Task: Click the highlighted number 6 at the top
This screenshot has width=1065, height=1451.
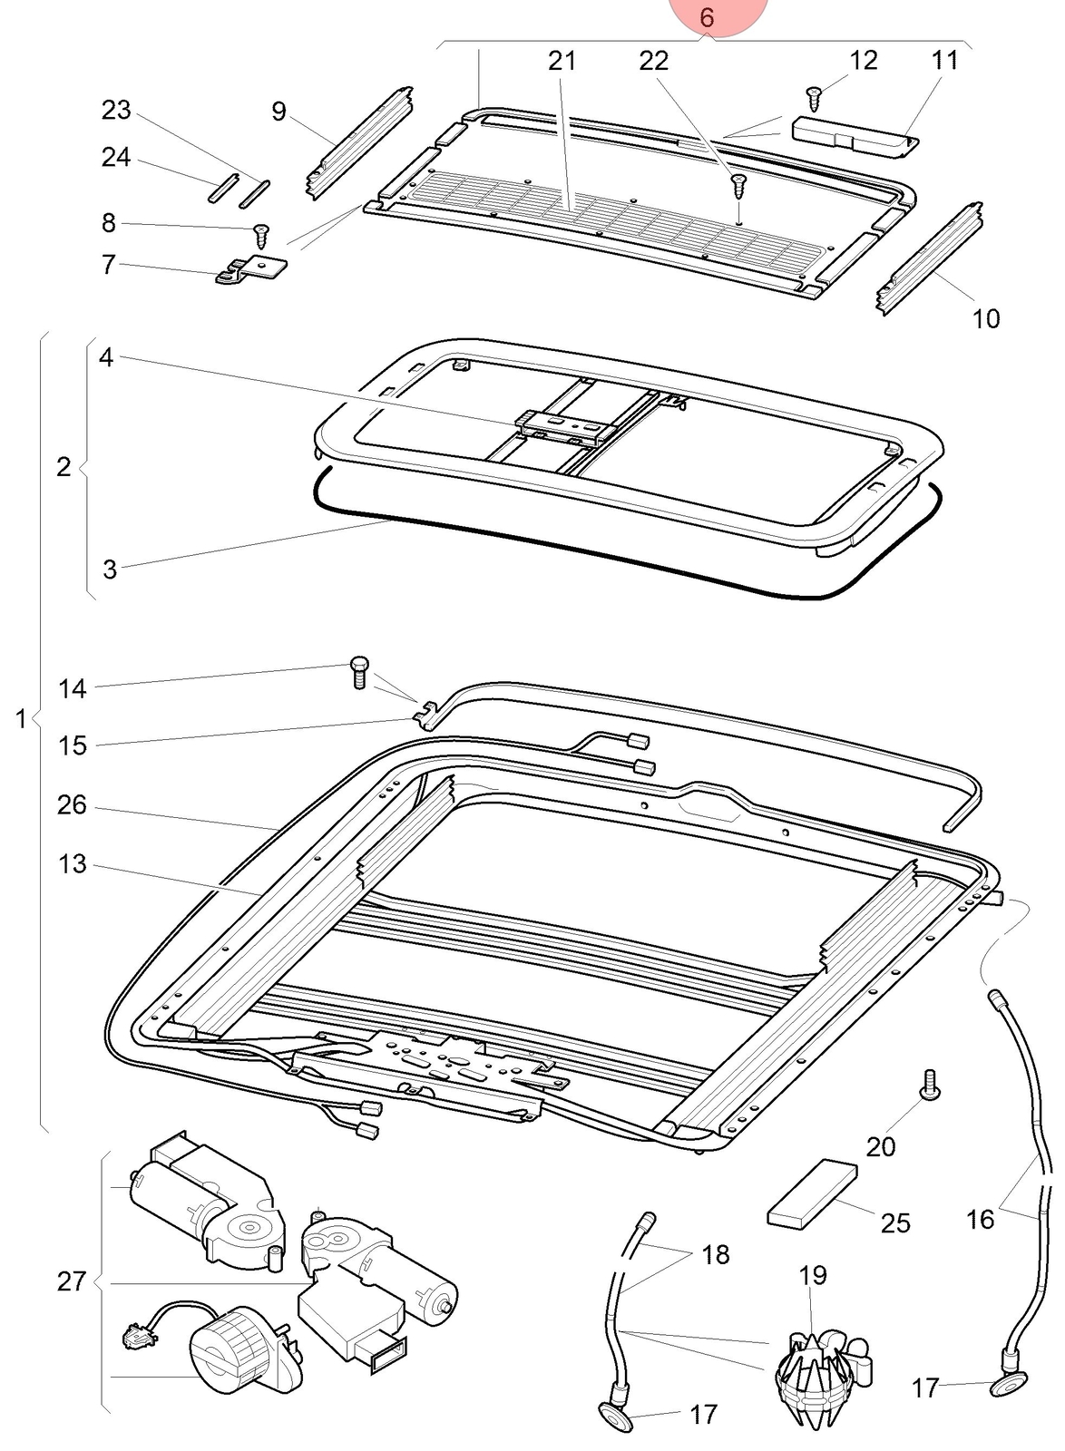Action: coord(707,17)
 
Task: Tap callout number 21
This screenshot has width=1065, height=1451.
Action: coord(562,61)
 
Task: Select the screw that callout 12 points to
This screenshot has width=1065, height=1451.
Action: coord(814,99)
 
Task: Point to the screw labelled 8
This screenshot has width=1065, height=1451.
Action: coord(262,237)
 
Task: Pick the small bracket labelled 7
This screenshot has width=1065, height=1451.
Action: coord(251,268)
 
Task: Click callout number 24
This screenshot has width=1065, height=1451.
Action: coord(116,158)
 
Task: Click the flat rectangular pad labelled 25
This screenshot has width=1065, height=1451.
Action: coord(812,1194)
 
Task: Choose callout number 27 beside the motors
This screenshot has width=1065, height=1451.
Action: coord(72,1281)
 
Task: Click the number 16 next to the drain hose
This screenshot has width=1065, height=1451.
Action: coord(980,1219)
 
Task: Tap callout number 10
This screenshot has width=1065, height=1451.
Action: coord(986,318)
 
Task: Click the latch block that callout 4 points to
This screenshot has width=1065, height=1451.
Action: coord(565,429)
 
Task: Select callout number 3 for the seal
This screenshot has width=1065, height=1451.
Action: coord(110,570)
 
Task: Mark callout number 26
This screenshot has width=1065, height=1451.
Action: coord(72,805)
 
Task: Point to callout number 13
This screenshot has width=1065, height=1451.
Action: coord(72,863)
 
